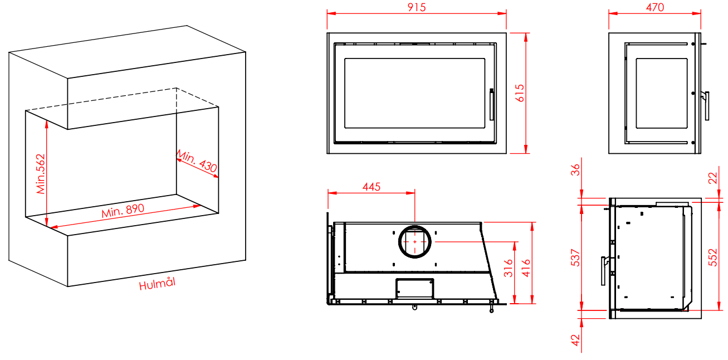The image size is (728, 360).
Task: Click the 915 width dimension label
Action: [416, 7]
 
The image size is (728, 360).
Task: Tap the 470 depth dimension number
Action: [655, 7]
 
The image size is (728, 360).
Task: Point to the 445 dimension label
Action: [371, 187]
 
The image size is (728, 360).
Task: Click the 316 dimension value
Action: [509, 268]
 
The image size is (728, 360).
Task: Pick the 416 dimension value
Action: [526, 268]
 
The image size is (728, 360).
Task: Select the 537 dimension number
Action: [575, 258]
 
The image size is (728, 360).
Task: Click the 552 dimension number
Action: [713, 257]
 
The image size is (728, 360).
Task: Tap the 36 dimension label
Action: [575, 170]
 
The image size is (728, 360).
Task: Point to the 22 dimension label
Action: [713, 178]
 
